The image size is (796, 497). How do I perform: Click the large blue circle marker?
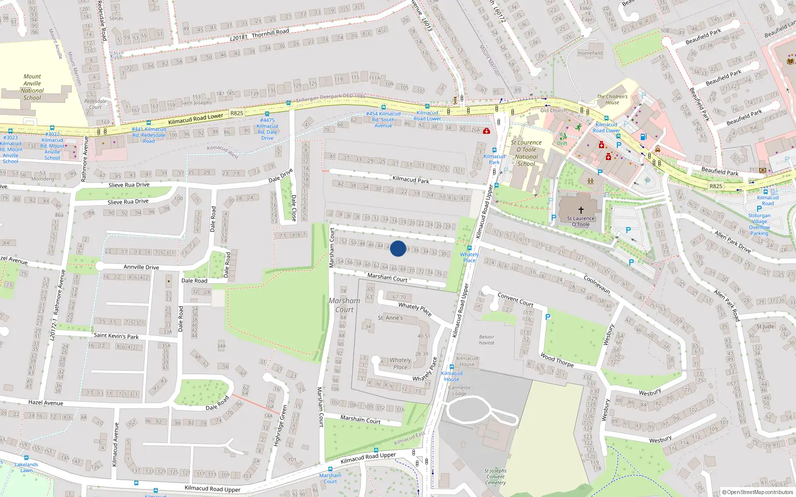[x=398, y=248]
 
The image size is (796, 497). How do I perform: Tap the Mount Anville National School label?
[x=32, y=87]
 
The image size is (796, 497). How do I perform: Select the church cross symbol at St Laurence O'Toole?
[x=581, y=210]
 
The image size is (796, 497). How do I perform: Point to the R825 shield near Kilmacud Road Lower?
[x=237, y=113]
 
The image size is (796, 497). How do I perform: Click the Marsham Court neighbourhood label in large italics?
[x=344, y=305]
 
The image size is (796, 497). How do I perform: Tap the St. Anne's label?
[x=390, y=318]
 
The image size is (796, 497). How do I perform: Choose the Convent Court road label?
[x=515, y=299]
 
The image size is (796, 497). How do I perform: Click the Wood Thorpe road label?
[x=557, y=360]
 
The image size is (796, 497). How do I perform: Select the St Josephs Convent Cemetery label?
[x=496, y=476]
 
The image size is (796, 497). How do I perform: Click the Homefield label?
[x=590, y=53]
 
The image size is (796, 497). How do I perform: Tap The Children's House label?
[x=612, y=99]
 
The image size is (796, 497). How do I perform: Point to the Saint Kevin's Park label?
[x=116, y=336]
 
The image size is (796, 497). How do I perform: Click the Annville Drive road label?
[x=141, y=267]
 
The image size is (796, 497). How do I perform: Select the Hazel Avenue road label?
[x=46, y=403]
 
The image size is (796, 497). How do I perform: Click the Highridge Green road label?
[x=280, y=425]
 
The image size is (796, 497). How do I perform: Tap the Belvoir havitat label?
[x=487, y=339]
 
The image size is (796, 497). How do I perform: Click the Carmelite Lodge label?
[x=459, y=390]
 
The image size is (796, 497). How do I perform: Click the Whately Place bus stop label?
[x=469, y=257]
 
